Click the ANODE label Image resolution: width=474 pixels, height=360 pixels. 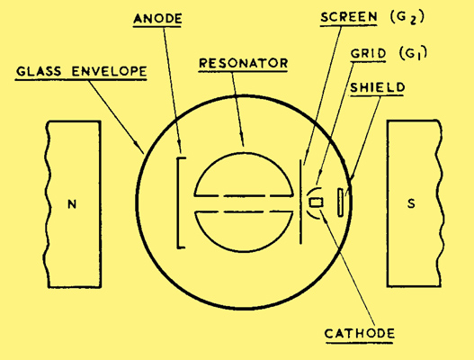(157, 18)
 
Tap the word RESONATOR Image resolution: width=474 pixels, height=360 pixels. (244, 63)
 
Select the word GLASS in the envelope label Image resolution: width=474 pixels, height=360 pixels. (39, 71)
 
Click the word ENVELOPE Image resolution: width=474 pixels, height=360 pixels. (109, 71)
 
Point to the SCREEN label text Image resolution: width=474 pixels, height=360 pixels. (349, 17)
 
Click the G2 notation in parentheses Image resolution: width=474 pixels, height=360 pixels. (407, 17)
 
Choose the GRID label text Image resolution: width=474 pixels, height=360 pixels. (368, 53)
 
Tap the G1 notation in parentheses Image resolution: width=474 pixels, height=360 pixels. (413, 53)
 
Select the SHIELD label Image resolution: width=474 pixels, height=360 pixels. (377, 87)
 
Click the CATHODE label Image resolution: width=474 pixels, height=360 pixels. (360, 333)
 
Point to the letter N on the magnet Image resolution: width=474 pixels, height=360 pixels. (72, 204)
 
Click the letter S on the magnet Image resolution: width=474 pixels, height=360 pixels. (411, 203)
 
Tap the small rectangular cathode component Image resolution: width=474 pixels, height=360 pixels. (317, 202)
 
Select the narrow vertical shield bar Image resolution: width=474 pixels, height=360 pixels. (340, 202)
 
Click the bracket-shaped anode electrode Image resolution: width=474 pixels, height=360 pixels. (178, 202)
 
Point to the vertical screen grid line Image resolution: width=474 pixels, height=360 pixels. (300, 202)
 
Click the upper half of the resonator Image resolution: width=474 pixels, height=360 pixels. (244, 153)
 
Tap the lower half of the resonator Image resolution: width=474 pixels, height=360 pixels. (244, 250)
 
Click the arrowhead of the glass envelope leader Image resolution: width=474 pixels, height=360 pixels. (141, 149)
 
